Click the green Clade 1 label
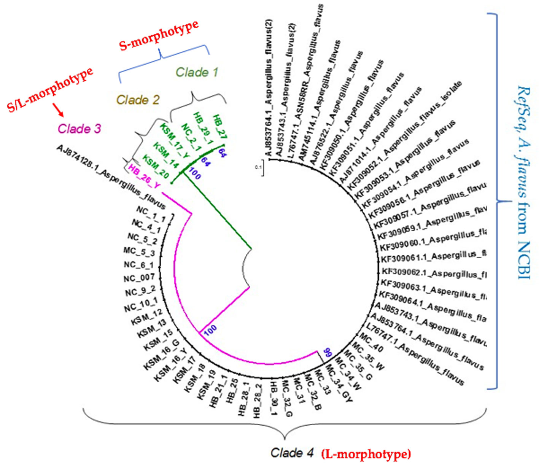click(197, 72)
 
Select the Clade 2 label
click(138, 100)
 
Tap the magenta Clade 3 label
click(79, 129)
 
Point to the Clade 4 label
click(292, 453)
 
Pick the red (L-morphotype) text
click(366, 454)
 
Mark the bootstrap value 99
click(327, 352)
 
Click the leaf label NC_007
click(139, 278)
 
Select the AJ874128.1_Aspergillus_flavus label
click(111, 177)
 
